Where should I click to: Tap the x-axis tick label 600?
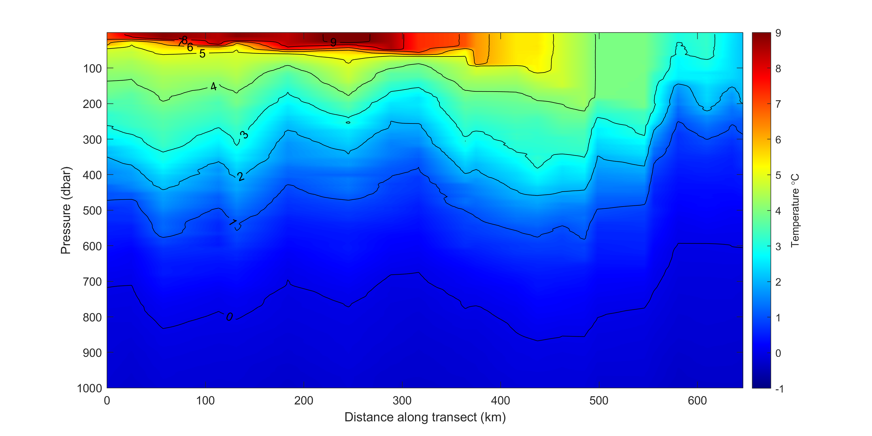(x=697, y=401)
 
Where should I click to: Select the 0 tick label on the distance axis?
(x=107, y=401)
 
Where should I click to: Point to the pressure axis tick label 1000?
(x=89, y=388)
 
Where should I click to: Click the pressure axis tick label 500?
(x=92, y=211)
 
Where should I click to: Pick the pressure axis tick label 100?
(x=92, y=69)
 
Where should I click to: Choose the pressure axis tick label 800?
(x=92, y=318)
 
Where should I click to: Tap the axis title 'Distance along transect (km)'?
(x=425, y=417)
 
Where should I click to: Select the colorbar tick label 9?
(x=778, y=33)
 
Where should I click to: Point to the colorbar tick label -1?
(x=779, y=389)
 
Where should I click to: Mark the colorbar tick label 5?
(x=778, y=175)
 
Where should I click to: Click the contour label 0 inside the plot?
(x=229, y=317)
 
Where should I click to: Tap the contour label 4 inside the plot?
(x=213, y=86)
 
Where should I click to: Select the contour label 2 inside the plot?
(x=240, y=176)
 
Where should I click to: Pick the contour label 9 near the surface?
(x=333, y=42)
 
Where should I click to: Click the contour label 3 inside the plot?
(x=244, y=135)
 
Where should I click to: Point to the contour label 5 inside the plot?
(x=202, y=53)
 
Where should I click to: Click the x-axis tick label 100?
(x=205, y=401)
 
